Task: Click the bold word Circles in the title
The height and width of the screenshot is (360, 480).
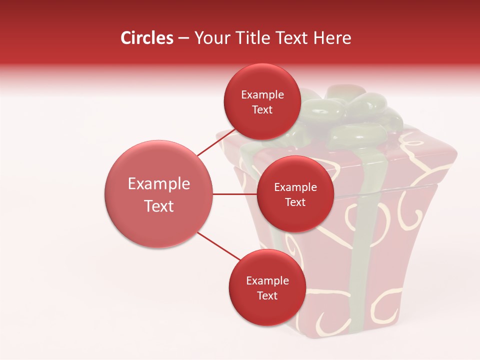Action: [146, 38]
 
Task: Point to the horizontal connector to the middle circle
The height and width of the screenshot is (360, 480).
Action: [234, 194]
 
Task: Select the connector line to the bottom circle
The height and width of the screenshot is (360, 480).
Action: [219, 246]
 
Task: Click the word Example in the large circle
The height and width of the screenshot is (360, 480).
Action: [159, 184]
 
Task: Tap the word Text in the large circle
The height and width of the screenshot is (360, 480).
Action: [159, 206]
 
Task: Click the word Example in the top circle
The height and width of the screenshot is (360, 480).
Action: [262, 95]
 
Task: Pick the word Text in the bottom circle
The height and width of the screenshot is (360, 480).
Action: [267, 295]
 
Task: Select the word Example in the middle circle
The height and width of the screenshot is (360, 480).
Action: [295, 187]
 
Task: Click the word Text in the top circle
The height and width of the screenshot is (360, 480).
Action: [262, 110]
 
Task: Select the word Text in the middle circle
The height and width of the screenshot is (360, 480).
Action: [295, 202]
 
